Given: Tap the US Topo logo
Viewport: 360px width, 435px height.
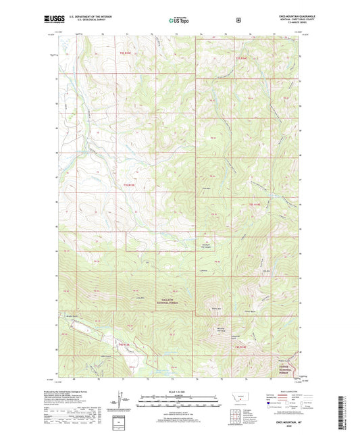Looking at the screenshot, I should (x=179, y=21).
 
